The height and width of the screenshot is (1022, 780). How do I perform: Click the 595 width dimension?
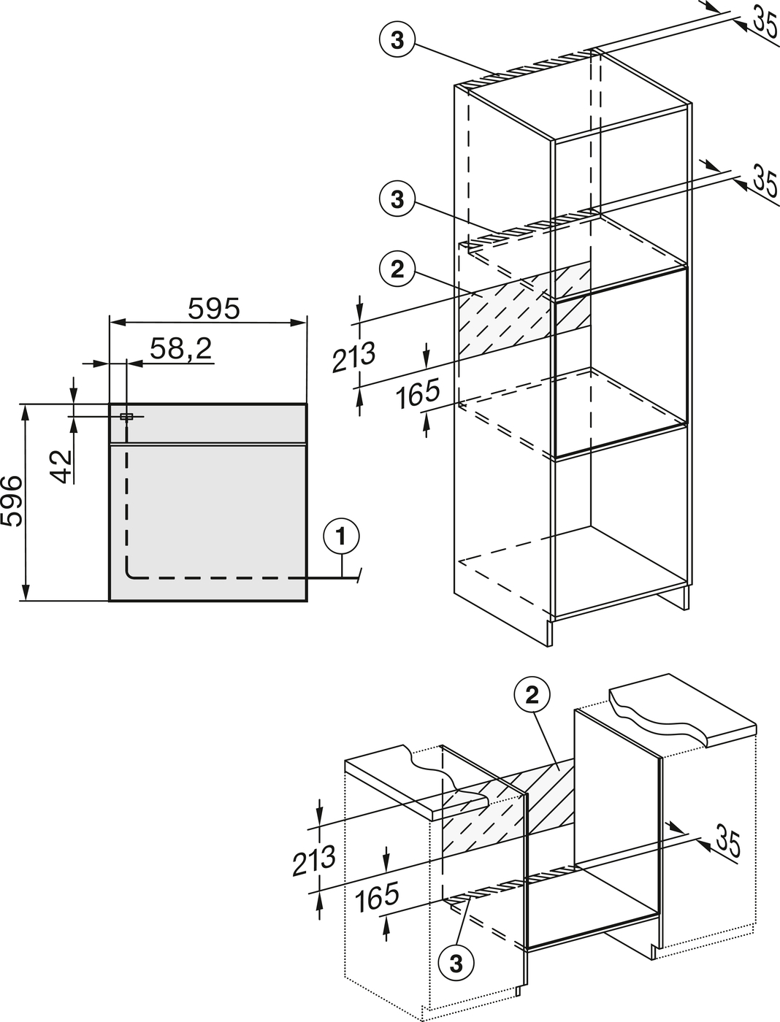click(x=213, y=309)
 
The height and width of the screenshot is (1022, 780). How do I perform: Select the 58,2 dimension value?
click(x=180, y=349)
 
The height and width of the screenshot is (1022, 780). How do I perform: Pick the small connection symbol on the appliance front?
click(x=126, y=417)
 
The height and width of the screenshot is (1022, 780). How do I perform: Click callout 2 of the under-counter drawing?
click(x=532, y=696)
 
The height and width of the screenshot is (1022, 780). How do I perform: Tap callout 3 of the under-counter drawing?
click(x=456, y=964)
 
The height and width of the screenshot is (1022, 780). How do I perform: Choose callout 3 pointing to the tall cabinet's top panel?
click(x=397, y=41)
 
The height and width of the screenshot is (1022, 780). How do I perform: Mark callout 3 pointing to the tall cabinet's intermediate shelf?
click(x=397, y=199)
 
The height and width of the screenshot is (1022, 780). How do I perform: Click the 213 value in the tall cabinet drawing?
click(x=354, y=357)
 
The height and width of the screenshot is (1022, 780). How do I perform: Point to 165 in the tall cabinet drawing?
click(x=418, y=396)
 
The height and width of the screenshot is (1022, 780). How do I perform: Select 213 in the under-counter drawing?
click(x=313, y=861)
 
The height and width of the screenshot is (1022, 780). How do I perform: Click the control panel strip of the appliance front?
click(x=208, y=423)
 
